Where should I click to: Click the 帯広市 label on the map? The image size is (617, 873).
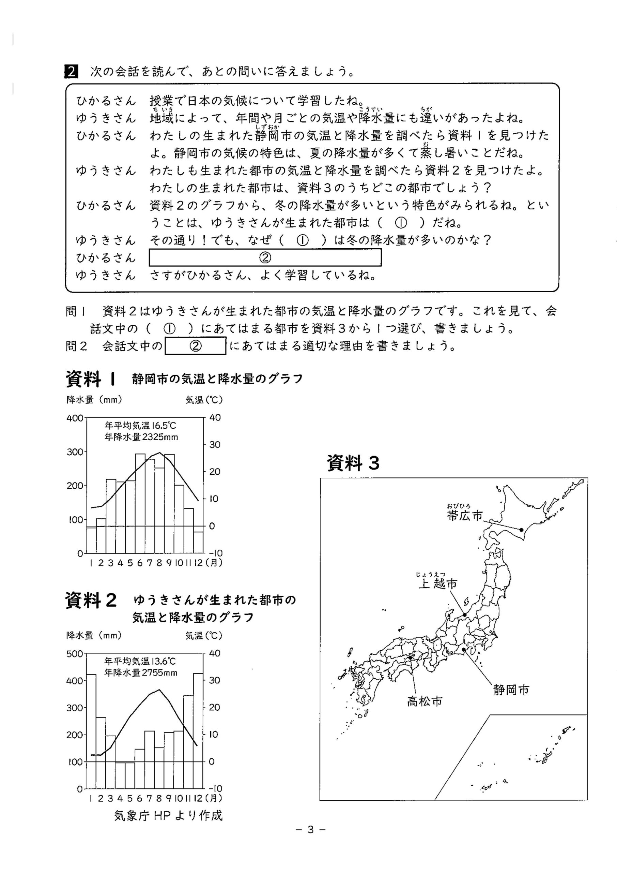(x=464, y=516)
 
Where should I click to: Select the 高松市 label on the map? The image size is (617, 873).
(x=425, y=701)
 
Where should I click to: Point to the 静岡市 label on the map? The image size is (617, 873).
(x=511, y=689)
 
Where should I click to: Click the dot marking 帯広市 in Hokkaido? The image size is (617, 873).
(x=521, y=530)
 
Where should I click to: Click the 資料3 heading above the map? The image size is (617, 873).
(x=353, y=463)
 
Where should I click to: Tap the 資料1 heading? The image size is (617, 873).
(x=90, y=379)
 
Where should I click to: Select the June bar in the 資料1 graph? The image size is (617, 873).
(x=140, y=503)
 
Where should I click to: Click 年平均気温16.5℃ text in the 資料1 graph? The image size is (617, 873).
(x=141, y=426)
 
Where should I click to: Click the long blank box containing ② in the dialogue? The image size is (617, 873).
(x=265, y=257)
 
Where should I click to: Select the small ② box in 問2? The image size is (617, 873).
(x=195, y=346)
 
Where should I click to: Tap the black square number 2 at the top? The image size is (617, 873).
(x=72, y=72)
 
